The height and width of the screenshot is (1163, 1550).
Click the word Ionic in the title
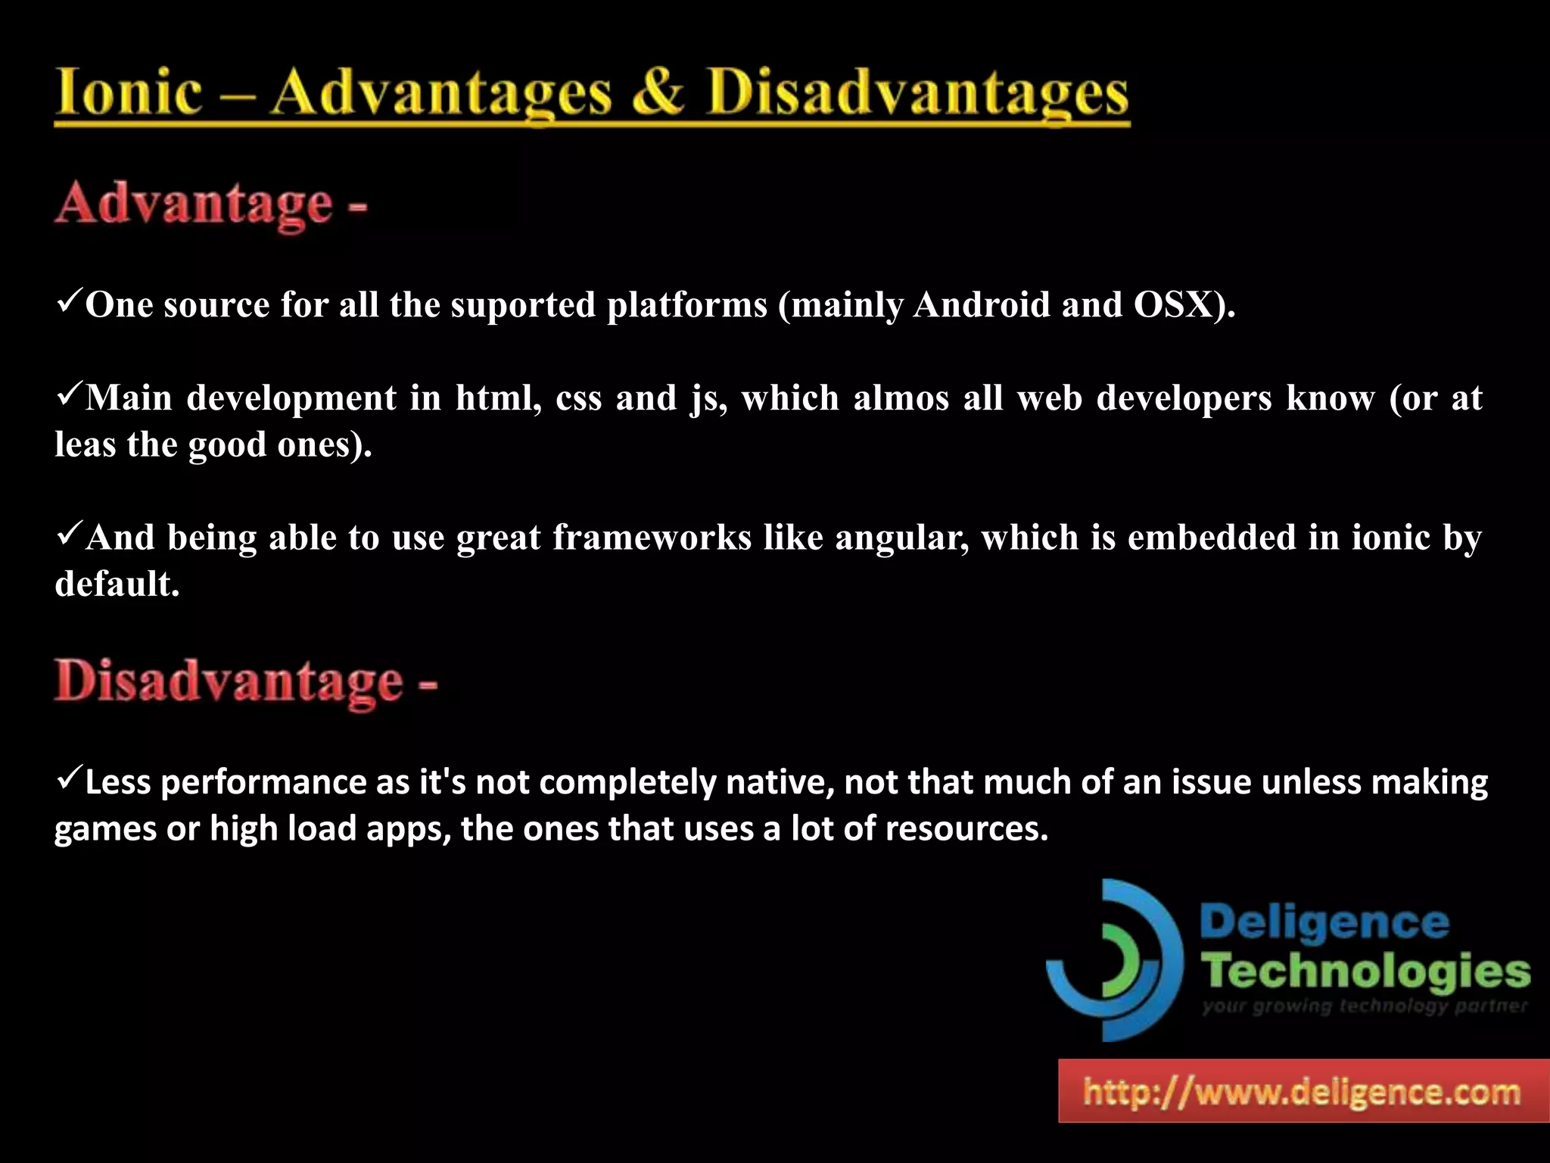[x=129, y=92]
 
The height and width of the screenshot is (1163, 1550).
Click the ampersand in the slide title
[x=658, y=92]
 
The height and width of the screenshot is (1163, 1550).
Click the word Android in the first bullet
[x=982, y=304]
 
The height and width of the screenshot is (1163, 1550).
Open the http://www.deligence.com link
[x=1303, y=1092]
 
